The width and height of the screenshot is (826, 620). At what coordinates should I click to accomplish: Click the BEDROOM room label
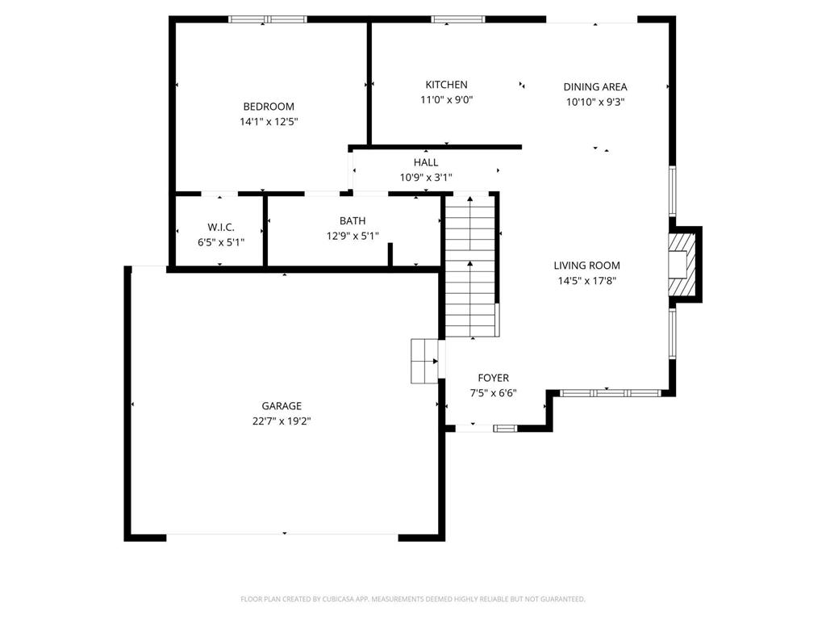point(269,107)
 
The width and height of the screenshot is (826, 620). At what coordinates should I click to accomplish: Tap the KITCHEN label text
point(446,85)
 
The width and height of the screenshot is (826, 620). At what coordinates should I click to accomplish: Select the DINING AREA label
point(595,87)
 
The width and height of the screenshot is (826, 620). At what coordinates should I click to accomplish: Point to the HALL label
point(426,162)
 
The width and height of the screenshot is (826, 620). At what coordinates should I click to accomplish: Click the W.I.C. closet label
point(220,227)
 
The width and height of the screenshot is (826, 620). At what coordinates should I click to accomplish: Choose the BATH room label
point(353,220)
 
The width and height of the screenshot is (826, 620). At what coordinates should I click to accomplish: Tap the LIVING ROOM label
point(586,266)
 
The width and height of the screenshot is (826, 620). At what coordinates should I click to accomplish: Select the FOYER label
point(493,378)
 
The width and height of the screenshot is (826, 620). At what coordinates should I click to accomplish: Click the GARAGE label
point(282,406)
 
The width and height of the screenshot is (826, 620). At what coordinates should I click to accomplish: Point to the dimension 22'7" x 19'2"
point(282,421)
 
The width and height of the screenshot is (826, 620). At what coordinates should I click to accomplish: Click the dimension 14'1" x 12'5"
point(269,122)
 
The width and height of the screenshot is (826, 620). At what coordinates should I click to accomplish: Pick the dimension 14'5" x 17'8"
point(586,281)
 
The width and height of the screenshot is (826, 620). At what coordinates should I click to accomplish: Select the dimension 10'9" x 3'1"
point(426,178)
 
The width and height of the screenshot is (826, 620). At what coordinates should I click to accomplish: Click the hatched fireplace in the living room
point(681,265)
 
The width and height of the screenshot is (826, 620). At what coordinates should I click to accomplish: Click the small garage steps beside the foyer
point(424,361)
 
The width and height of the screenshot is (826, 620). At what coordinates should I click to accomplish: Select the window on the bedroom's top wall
point(268,19)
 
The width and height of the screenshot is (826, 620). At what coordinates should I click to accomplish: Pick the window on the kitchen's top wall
point(458,19)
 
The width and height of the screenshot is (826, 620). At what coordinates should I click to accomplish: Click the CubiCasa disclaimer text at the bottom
point(413,599)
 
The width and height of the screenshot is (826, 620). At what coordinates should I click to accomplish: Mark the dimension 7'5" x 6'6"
point(493,393)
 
